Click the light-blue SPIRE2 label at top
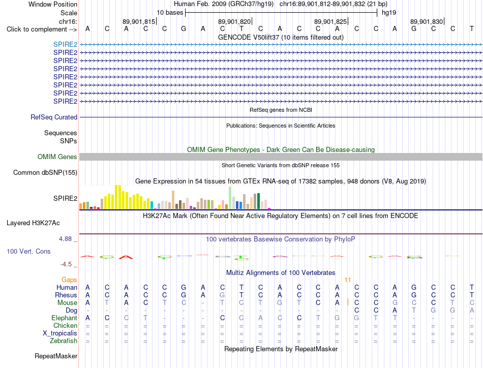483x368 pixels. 65,44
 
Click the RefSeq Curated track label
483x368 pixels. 54,117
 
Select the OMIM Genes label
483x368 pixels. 57,157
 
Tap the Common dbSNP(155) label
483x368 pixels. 45,172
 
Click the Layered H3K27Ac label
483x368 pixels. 33,223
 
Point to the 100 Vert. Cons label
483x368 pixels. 28,251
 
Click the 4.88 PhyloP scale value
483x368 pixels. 65,239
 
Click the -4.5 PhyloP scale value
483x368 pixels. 66,264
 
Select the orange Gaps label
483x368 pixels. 69,280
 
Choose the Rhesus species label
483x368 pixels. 66,295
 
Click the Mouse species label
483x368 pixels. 67,303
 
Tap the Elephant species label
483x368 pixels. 65,318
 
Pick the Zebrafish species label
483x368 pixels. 64,341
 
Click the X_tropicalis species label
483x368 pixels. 60,333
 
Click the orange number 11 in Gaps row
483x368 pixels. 348,280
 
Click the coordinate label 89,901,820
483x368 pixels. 234,21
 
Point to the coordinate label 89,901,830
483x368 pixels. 427,21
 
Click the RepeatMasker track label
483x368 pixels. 56,356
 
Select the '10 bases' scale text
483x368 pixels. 170,13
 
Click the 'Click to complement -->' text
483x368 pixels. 42,29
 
